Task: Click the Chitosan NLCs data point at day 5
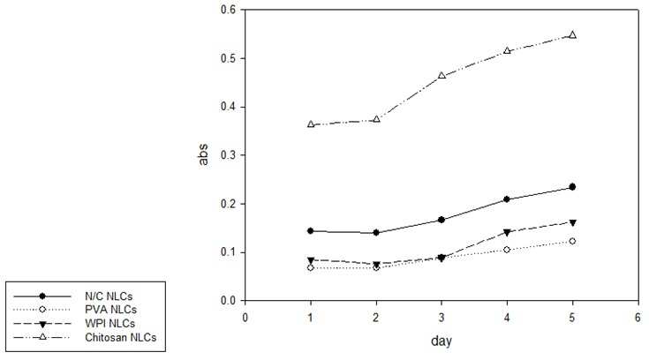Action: tap(572, 34)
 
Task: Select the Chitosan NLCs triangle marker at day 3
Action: tap(441, 76)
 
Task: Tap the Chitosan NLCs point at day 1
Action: tap(311, 124)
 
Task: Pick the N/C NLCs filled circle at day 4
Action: tap(507, 199)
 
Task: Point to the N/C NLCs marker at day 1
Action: tap(311, 231)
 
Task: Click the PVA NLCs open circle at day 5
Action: tap(572, 241)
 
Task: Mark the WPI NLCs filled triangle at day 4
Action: tap(507, 233)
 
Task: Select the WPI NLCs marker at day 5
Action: tap(572, 222)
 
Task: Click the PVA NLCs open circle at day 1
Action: tap(311, 267)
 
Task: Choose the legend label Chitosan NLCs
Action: tap(120, 337)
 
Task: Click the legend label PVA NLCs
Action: tap(110, 310)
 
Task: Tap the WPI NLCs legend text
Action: tap(109, 323)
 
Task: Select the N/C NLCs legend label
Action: tap(109, 296)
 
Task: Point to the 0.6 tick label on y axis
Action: tap(229, 9)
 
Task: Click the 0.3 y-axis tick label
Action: tap(229, 155)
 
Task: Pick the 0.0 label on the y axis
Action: tap(229, 301)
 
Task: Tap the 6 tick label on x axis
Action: tap(638, 318)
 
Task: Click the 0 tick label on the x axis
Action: tap(245, 318)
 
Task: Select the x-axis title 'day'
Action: tap(441, 341)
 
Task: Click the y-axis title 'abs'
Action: tap(203, 154)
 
